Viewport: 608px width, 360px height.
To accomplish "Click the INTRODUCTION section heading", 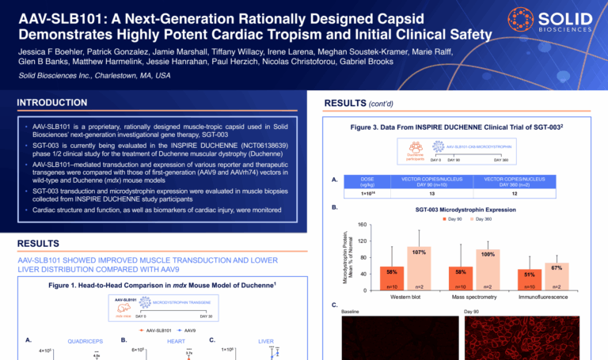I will pos(52,102).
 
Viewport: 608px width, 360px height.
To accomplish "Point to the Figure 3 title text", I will pos(462,127).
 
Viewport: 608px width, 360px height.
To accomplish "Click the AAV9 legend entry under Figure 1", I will pos(185,330).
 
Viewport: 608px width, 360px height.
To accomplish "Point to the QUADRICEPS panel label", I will pos(85,342).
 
